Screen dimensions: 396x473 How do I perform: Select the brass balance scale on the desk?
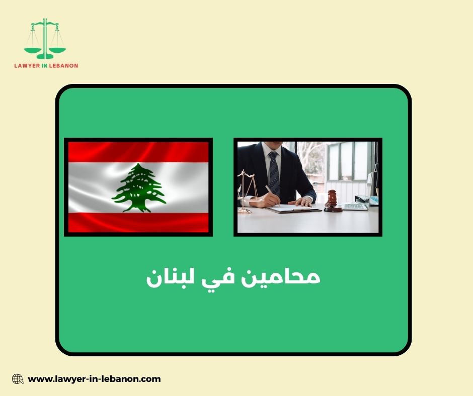point(247,191)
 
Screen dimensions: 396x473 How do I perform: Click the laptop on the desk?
point(358,203)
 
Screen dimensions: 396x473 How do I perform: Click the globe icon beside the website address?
point(18,379)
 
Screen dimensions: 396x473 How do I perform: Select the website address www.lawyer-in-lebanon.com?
point(94,379)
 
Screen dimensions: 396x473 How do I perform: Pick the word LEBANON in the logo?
point(64,65)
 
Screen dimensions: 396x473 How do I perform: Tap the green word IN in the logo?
point(49,65)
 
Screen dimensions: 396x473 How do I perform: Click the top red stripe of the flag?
point(138,151)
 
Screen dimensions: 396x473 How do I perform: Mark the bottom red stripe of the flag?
point(138,222)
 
